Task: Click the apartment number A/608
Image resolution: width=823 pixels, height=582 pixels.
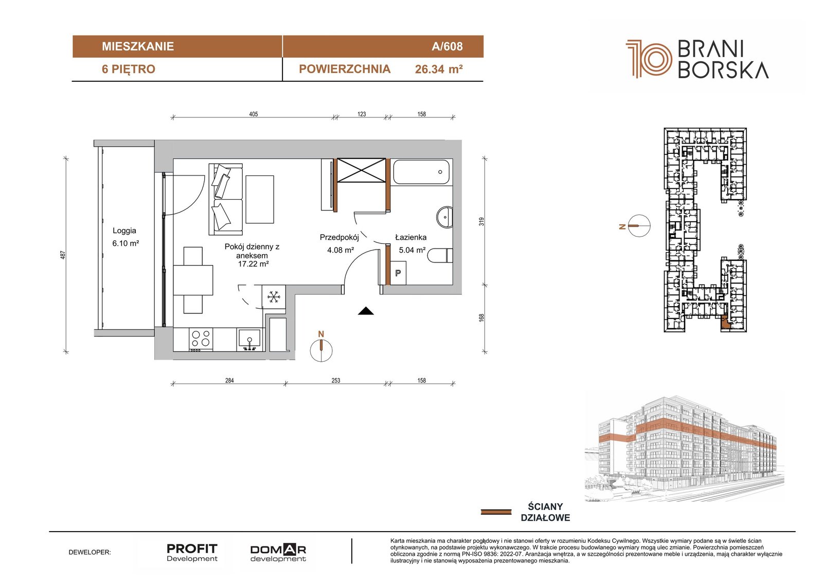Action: tap(447, 46)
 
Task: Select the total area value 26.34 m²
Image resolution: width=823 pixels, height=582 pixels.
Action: tap(439, 69)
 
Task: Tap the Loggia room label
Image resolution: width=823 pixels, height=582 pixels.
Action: tap(124, 231)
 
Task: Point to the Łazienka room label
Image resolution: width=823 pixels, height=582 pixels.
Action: tap(411, 237)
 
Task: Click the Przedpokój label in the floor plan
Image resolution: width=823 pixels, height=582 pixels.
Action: tap(339, 238)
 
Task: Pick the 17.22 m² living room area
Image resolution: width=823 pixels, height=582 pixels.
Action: tap(253, 263)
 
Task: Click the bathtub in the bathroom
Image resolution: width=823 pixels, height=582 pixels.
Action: tap(421, 172)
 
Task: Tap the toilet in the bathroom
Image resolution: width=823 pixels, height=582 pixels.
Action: tap(440, 256)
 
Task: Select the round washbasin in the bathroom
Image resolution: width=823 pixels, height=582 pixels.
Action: tap(444, 217)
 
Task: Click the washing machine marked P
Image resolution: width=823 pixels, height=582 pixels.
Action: tap(398, 273)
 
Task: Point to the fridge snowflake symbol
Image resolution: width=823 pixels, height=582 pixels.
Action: tap(273, 297)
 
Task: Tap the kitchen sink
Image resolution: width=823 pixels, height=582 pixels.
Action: tap(249, 339)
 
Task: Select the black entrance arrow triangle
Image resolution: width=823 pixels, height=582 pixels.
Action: tap(366, 311)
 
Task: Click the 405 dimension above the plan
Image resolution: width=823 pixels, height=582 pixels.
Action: tap(254, 114)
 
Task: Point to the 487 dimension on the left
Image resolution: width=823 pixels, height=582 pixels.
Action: tap(63, 255)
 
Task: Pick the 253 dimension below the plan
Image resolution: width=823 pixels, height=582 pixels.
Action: tap(336, 380)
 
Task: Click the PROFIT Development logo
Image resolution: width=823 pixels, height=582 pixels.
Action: tap(192, 553)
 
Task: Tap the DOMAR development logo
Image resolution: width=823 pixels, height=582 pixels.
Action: tap(278, 553)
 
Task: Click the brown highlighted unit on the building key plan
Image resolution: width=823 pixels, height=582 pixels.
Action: tap(725, 323)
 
